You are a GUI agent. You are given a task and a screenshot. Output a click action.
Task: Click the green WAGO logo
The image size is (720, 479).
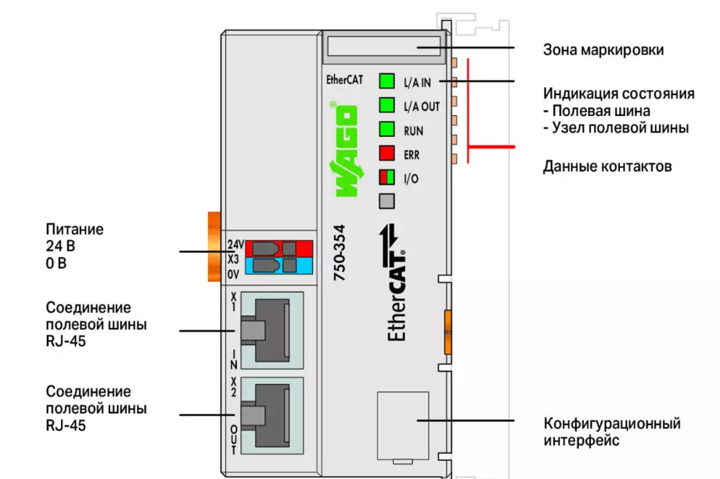pyautogui.click(x=345, y=152)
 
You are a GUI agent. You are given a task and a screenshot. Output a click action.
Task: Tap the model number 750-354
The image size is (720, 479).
pyautogui.click(x=343, y=255)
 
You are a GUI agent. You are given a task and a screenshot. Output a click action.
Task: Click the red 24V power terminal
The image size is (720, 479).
pyautogui.click(x=279, y=249)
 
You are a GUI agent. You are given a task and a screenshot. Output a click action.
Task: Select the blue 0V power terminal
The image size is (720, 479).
pyautogui.click(x=279, y=266)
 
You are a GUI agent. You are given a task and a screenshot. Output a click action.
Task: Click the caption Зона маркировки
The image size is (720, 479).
pyautogui.click(x=603, y=50)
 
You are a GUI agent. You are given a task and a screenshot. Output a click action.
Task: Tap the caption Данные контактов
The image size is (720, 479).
pyautogui.click(x=607, y=166)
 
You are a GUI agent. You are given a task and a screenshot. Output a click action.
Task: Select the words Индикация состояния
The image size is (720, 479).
pyautogui.click(x=618, y=94)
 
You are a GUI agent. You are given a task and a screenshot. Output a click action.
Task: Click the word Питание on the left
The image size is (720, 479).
pyautogui.click(x=75, y=230)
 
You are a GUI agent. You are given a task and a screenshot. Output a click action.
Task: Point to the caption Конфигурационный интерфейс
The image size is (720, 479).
pyautogui.click(x=611, y=431)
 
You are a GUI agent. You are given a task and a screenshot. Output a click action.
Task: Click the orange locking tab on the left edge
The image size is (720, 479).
pyautogui.click(x=214, y=247)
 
